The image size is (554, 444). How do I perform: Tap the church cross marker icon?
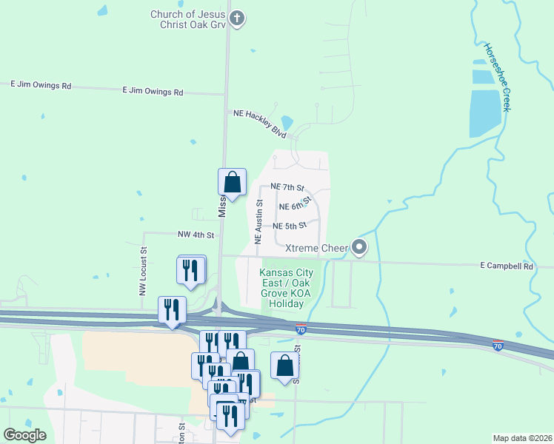pos(237,18)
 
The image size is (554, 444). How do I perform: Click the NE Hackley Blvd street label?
pos(259,123)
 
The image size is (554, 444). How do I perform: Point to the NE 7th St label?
pos(287,187)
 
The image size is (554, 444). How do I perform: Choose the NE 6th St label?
pos(293,206)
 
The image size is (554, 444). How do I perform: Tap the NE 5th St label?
pos(290,226)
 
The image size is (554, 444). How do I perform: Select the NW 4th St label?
pos(196,235)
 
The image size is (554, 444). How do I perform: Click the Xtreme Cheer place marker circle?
pos(359,247)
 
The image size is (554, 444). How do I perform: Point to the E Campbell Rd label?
pos(507,265)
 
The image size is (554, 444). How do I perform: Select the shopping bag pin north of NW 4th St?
pos(232,182)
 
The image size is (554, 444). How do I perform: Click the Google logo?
pos(25,435)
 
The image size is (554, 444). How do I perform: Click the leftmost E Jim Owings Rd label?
pos(41,86)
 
